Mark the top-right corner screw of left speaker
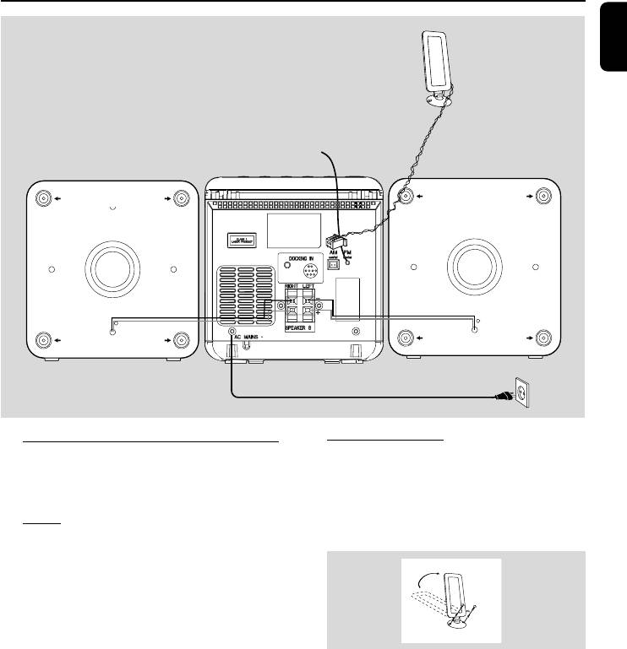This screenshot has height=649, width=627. point(182,199)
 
